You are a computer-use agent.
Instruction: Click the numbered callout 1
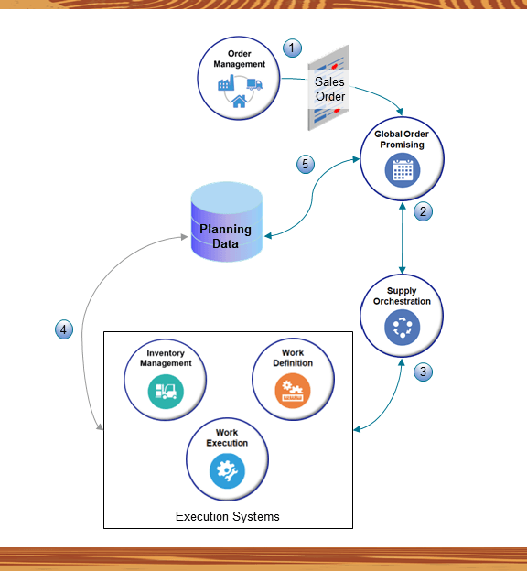[292, 48]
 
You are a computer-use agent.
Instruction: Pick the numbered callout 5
[307, 165]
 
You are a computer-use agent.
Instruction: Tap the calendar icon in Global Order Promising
[402, 170]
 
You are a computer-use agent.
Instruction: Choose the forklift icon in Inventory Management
[166, 391]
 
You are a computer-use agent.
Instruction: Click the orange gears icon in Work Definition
[292, 391]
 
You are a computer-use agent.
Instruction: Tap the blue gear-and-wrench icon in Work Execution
[227, 470]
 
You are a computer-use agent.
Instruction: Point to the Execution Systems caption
[227, 516]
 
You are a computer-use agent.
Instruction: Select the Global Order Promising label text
[402, 139]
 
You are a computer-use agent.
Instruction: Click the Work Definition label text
[292, 357]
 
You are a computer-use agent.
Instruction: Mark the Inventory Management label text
[166, 357]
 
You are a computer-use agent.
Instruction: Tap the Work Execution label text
[227, 437]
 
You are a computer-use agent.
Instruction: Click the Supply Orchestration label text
[402, 296]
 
